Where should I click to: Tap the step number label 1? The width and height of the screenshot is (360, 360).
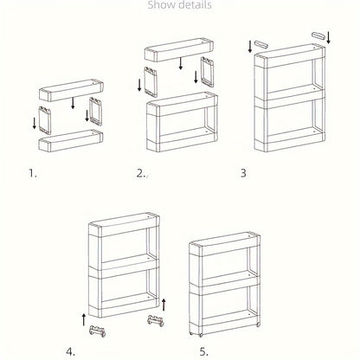(x=33, y=172)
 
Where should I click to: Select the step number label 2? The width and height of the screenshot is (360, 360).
(x=140, y=172)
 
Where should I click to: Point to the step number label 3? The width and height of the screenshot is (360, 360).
(x=244, y=172)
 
